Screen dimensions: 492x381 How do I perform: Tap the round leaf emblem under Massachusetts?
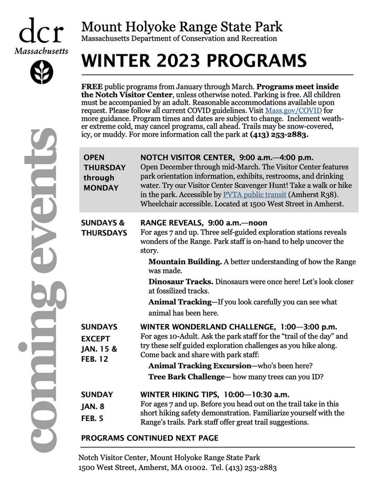[42, 72]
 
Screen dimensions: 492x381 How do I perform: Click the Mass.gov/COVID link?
[293, 111]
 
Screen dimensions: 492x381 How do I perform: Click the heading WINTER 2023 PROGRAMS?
[194, 61]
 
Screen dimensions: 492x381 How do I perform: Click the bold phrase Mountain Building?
[185, 262]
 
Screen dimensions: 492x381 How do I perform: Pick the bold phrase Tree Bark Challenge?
[186, 377]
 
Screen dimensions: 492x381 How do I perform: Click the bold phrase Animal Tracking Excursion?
[200, 366]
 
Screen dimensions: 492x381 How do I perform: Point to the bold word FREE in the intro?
[91, 87]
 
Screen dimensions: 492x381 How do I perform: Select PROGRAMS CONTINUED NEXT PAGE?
[150, 438]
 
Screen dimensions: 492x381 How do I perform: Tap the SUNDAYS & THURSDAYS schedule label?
[104, 228]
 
